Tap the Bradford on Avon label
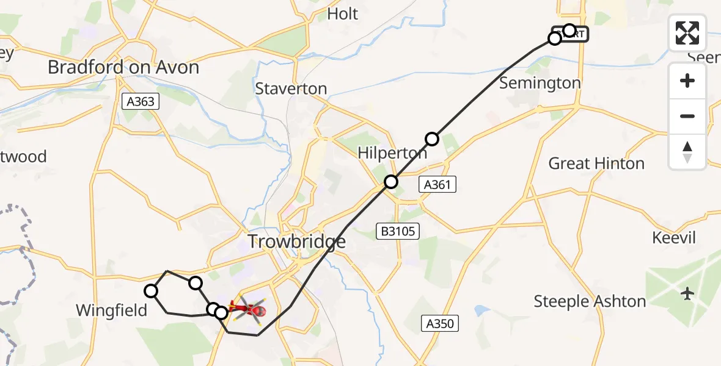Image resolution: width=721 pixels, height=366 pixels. (x=123, y=67)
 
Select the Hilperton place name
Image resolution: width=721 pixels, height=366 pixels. (x=393, y=153)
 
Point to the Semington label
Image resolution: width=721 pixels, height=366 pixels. (x=540, y=83)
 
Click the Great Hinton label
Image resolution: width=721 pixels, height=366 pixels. (x=596, y=163)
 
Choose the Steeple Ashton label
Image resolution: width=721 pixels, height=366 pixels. (x=590, y=301)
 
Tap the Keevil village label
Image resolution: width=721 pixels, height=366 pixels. (x=674, y=238)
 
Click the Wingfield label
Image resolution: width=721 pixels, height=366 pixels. (x=112, y=310)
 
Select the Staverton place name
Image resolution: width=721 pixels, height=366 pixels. (x=291, y=88)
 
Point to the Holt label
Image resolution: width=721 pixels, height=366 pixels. (x=343, y=14)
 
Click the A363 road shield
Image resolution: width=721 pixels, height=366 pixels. (x=141, y=102)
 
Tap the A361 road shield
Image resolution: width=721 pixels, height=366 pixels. (x=438, y=184)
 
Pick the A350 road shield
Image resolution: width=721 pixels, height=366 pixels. (x=439, y=323)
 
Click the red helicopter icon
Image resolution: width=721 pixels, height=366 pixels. (x=247, y=310)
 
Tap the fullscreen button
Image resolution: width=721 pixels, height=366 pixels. (x=687, y=33)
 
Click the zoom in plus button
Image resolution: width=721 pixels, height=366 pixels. (x=687, y=81)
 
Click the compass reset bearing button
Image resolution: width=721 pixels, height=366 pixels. (x=687, y=151)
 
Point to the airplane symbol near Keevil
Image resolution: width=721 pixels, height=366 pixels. (x=688, y=294)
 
